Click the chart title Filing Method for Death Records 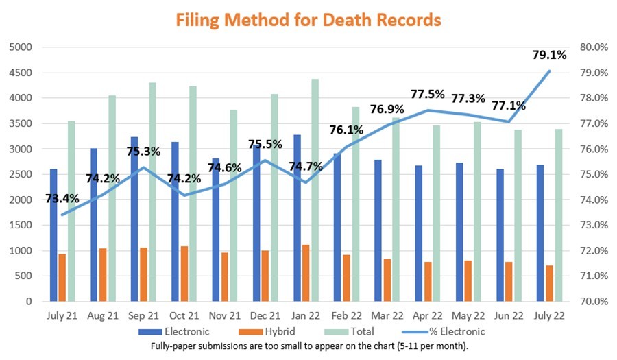pos(308,20)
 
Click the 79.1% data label pos(548,56)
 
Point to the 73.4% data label pos(62,199)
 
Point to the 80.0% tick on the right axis pos(594,47)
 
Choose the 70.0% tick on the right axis pos(594,301)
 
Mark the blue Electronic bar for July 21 pos(53,235)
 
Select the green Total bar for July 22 pos(559,215)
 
